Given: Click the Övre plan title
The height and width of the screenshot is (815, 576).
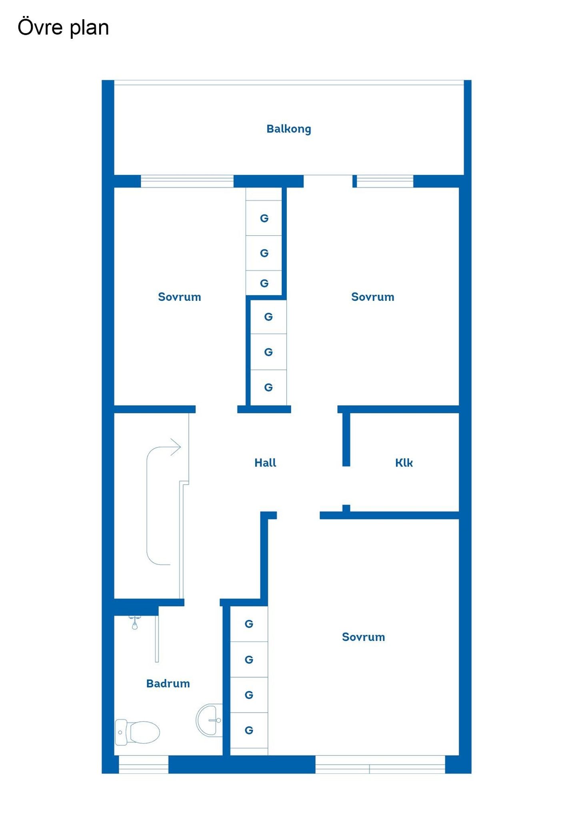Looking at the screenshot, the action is coord(63,27).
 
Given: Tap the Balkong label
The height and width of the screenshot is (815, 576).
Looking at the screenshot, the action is coord(288,129).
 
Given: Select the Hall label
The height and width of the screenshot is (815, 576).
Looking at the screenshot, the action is coord(265,463).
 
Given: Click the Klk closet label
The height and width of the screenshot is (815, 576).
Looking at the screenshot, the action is coord(404,463).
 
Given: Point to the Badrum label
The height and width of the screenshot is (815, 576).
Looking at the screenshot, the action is coord(168,683).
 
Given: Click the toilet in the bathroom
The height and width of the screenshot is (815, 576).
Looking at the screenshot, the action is coord(137,732).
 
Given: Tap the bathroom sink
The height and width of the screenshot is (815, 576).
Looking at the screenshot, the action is coord(209,720).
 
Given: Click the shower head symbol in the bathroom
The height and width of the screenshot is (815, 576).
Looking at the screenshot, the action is coord(135,623).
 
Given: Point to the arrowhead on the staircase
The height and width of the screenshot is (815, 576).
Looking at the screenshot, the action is coord(176,447).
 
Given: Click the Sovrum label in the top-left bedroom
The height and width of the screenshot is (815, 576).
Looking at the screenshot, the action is coord(179,296).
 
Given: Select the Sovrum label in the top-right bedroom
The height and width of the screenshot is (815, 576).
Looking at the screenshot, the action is coord(372,296).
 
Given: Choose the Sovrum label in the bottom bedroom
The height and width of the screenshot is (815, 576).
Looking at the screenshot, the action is coord(363,637).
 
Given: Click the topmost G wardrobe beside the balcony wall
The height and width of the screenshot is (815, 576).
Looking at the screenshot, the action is coord(264,218).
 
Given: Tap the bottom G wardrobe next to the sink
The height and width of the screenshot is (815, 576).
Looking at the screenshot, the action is coord(249,730).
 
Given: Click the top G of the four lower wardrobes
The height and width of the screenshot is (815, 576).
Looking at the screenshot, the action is coord(249,624).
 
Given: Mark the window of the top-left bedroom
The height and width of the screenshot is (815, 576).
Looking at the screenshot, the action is coord(187,181).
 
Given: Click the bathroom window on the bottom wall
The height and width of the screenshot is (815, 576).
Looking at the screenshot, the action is coord(144,764).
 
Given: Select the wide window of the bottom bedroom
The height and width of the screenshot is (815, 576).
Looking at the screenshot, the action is coord(380,764).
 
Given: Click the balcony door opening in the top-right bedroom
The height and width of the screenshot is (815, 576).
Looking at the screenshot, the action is coord(328,181).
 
